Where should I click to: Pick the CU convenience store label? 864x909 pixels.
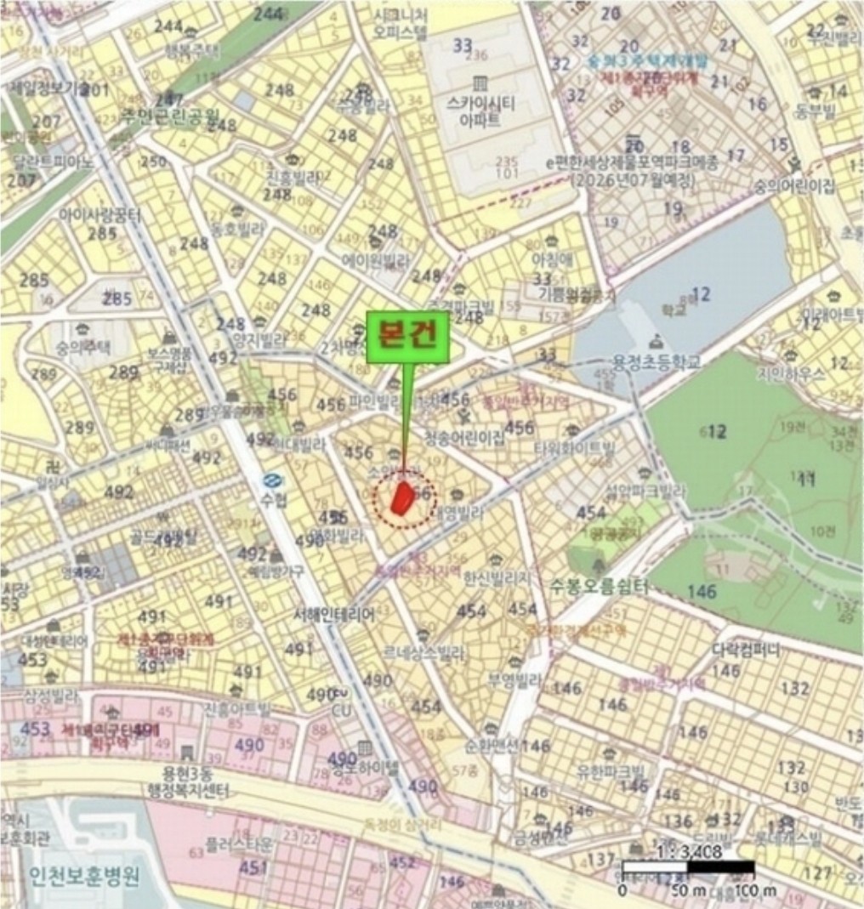pos(340,710)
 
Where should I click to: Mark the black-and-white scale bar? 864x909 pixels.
pos(688,868)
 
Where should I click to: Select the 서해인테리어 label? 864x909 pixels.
pos(333,614)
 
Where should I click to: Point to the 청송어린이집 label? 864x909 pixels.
pos(464,440)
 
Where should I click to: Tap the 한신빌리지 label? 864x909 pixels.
pos(497,577)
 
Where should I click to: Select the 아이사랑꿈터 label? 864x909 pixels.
pos(100,215)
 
